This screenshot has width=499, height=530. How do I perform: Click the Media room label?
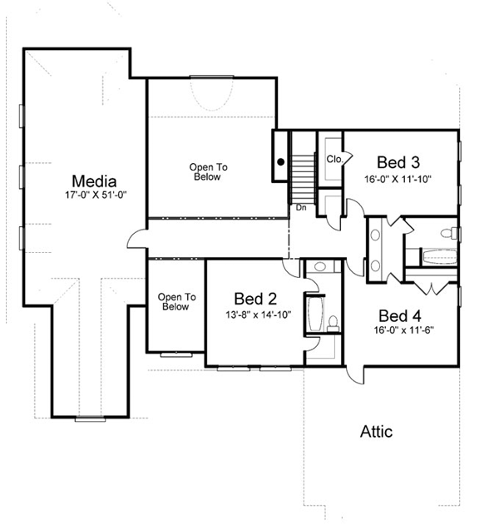tap(93, 181)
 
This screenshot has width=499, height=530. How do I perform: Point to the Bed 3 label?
tap(398, 162)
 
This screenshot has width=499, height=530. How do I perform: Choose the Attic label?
tap(376, 432)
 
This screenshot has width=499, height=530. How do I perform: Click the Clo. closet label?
tap(335, 159)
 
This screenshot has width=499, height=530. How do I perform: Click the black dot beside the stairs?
tap(281, 161)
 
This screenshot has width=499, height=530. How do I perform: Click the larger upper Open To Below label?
tap(209, 171)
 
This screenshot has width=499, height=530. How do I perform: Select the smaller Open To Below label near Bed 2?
tap(175, 301)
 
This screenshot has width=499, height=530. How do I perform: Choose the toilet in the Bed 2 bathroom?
tap(332, 321)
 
